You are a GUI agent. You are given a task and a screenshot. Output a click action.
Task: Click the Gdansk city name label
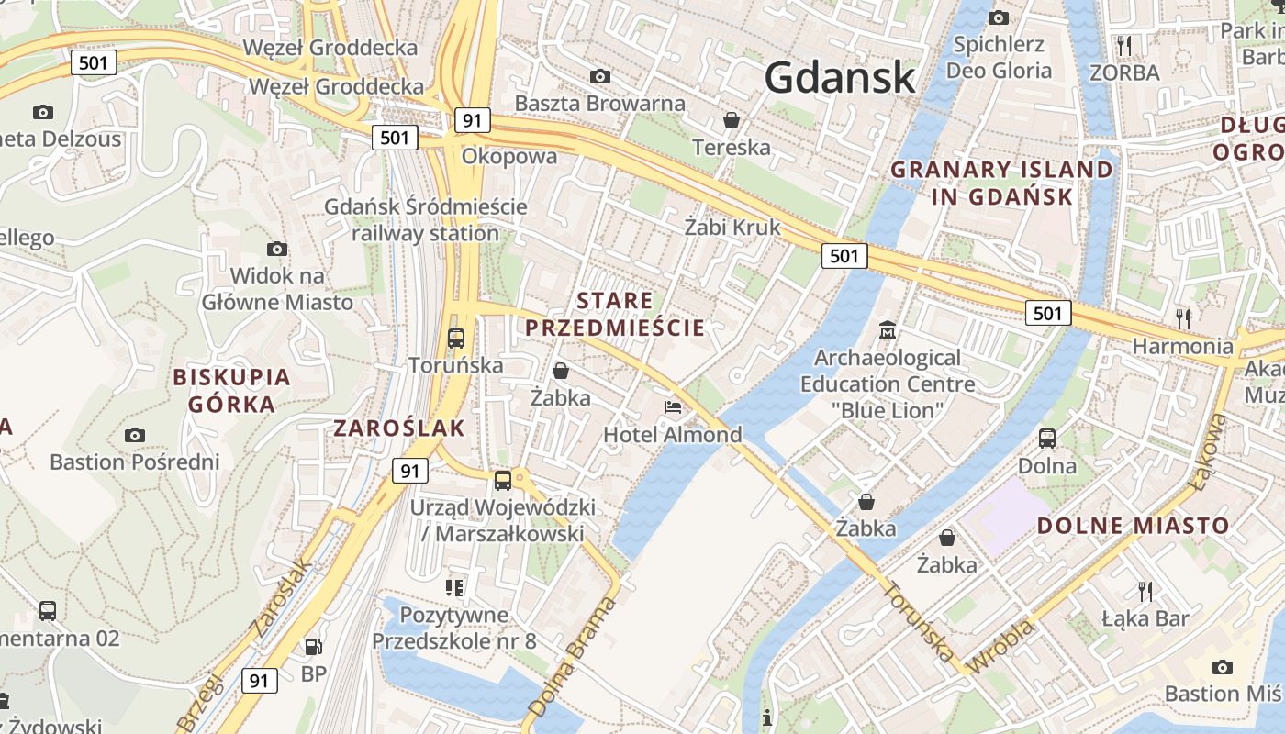coord(840,77)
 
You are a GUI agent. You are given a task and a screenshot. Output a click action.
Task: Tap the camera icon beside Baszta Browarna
coord(600,76)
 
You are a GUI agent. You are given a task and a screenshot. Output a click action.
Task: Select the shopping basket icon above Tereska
coord(732,120)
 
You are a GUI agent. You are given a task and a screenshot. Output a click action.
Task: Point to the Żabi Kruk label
coord(732,227)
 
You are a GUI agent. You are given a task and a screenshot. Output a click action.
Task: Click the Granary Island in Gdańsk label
coord(1002,183)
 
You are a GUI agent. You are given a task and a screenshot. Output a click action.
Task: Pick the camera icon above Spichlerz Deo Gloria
coord(999,17)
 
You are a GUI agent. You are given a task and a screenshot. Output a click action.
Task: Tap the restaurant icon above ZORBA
coord(1124,45)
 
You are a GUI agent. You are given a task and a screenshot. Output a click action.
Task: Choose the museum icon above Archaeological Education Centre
coord(888,329)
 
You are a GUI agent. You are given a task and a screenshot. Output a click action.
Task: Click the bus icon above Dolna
coord(1047,439)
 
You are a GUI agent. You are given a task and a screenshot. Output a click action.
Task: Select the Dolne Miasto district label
coord(1133,526)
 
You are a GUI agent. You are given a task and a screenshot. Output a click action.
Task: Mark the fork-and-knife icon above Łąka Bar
coord(1145,590)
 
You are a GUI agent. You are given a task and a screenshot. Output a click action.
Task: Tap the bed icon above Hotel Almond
coord(673,406)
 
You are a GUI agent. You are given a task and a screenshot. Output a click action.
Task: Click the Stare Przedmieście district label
coord(615,314)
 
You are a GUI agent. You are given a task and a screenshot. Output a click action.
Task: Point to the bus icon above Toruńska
coord(456,338)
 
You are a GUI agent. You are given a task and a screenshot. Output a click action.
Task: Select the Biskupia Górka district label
coord(231,390)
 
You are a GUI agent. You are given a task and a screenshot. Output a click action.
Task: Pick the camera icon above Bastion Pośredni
coord(135,435)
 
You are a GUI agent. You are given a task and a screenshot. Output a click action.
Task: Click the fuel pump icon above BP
coord(313,647)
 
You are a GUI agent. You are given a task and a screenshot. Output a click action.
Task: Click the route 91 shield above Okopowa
coord(472,121)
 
